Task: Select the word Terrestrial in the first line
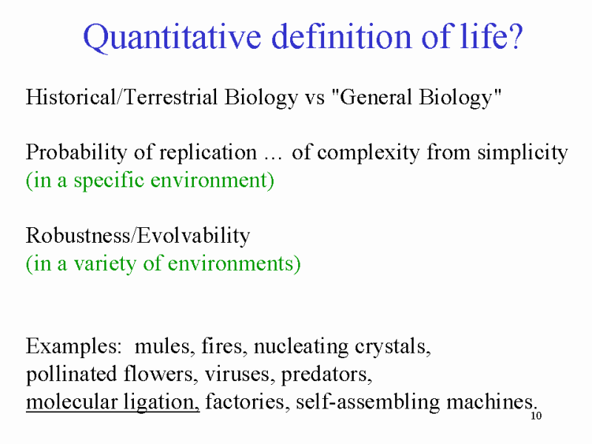point(171,97)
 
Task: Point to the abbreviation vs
point(314,98)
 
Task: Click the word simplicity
point(522,154)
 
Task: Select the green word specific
point(109,181)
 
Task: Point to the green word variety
point(104,264)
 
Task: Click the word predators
point(326,375)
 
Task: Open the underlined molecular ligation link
point(112,403)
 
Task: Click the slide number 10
point(536,416)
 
